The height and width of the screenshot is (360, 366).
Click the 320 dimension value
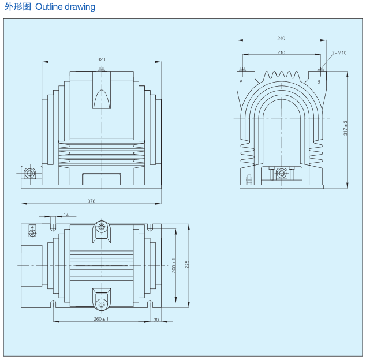click(101, 59)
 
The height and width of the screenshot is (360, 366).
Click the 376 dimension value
click(91, 201)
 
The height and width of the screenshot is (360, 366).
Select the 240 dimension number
click(281, 38)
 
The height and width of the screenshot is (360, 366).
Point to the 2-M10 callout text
click(339, 52)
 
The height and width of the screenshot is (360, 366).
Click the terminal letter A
click(241, 81)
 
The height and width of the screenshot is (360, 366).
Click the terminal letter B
click(318, 81)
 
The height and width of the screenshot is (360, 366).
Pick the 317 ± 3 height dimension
click(345, 128)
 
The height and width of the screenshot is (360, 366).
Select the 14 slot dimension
click(66, 215)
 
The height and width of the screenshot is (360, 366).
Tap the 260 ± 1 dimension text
click(101, 318)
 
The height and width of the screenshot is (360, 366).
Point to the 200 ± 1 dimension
click(175, 265)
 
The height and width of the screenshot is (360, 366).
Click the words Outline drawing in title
click(65, 7)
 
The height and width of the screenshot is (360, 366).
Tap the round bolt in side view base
click(281, 173)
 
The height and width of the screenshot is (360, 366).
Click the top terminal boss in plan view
click(102, 227)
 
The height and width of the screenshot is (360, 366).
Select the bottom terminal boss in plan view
click(102, 303)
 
